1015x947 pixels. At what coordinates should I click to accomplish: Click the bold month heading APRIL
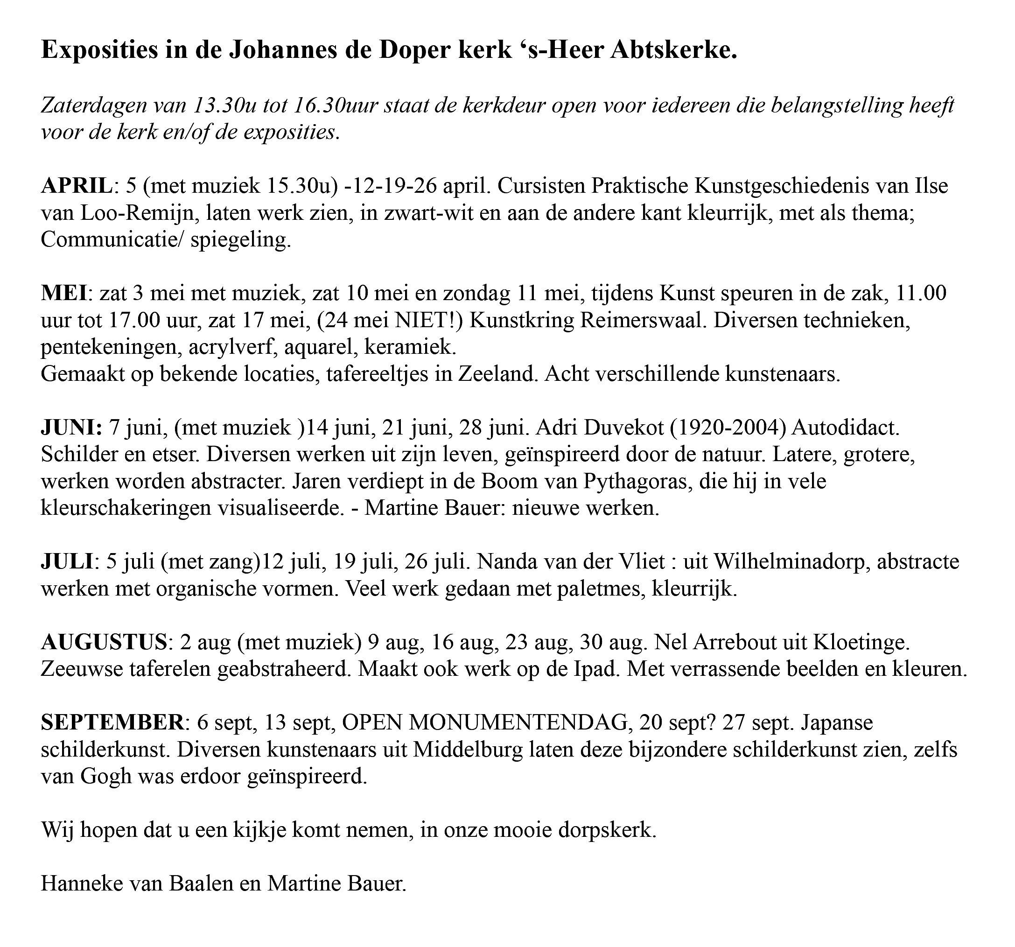click(x=76, y=186)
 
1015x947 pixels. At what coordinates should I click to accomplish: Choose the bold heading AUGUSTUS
click(x=104, y=642)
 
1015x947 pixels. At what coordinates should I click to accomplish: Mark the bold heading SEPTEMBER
click(x=112, y=723)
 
